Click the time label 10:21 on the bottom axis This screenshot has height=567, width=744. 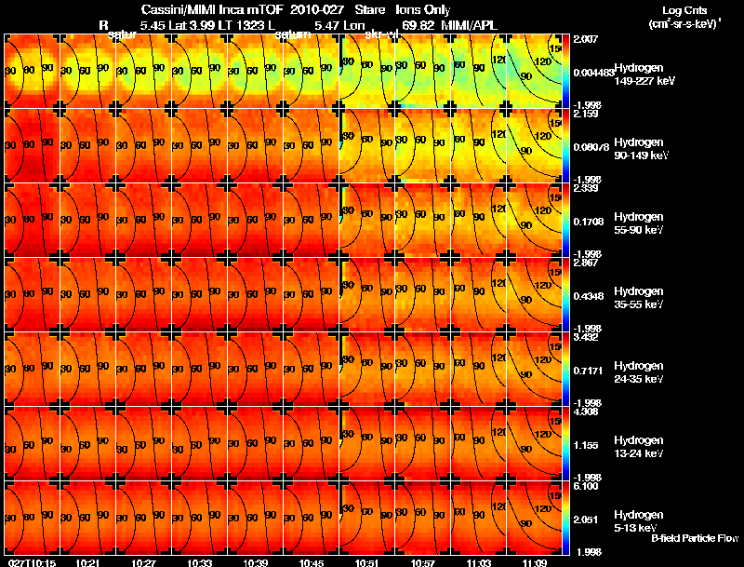pos(88,561)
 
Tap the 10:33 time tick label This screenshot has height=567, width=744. pos(200,561)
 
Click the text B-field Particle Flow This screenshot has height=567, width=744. pos(695,537)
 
